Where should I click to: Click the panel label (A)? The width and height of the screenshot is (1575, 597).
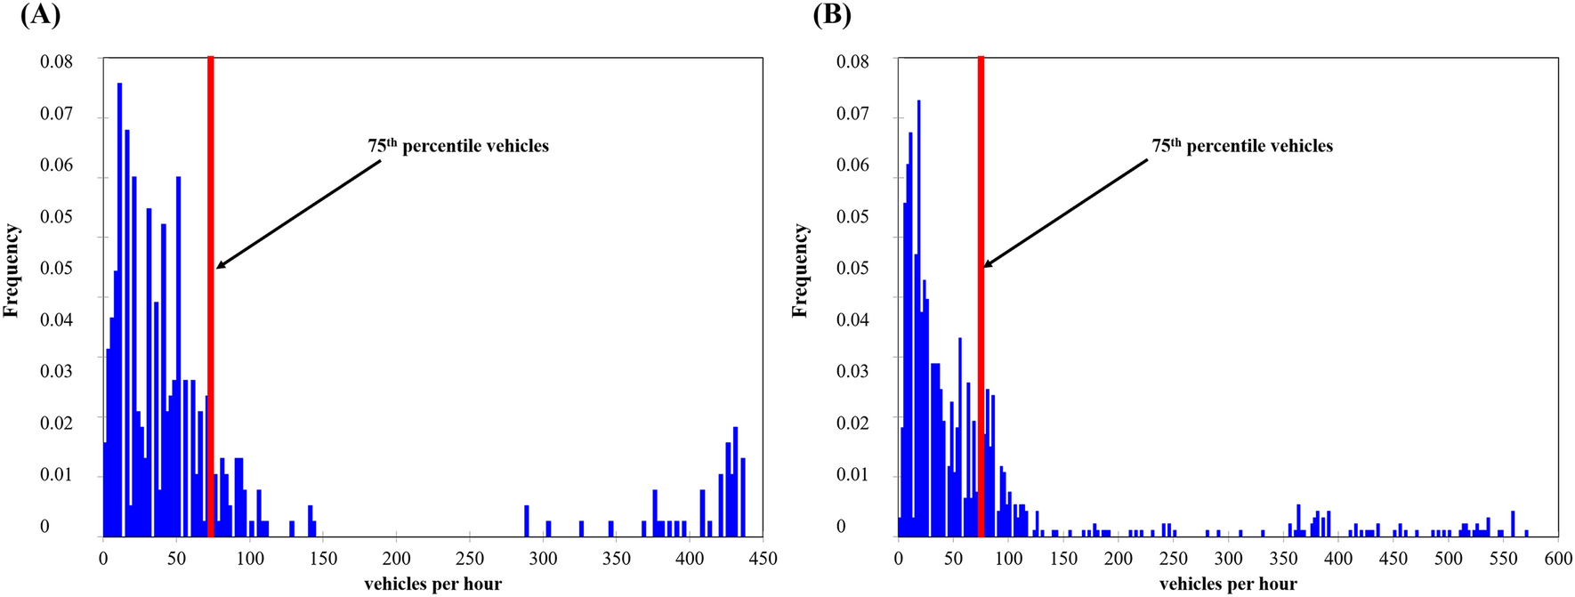pos(40,15)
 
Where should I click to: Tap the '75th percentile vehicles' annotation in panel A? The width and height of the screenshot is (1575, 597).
pos(458,146)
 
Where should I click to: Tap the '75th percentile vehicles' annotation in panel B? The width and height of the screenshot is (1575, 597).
pos(1242,146)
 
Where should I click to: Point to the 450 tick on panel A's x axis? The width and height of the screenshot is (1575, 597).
pos(763,559)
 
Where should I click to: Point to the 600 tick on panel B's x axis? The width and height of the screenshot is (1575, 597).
pos(1557,559)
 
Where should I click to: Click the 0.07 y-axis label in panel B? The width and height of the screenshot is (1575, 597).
pos(852,113)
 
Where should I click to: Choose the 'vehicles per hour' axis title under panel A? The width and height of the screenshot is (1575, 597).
pos(432,585)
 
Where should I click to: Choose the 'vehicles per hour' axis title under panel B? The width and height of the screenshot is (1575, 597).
pos(1228,585)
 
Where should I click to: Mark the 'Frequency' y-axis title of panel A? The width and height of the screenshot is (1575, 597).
pos(12,270)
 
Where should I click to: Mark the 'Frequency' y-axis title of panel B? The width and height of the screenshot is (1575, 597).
pos(801,270)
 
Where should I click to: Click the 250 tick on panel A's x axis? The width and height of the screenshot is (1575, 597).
pos(470,559)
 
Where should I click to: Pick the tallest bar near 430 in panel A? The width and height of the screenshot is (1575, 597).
pos(736,480)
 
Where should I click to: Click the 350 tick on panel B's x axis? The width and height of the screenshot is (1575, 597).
pos(1283,559)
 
